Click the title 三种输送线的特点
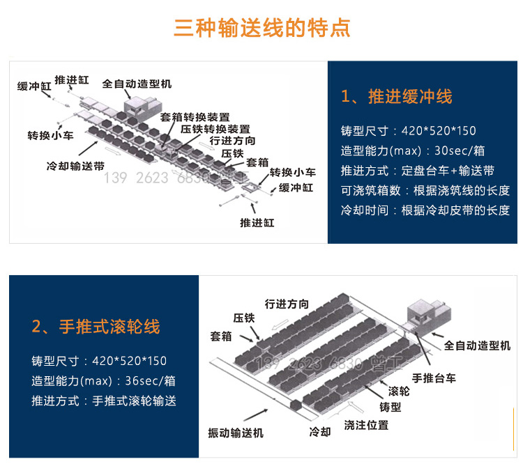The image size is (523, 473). point(261,29)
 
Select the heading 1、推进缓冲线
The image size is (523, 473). point(396,97)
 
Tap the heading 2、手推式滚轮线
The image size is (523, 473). point(96,327)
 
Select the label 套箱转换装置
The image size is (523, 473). point(195,117)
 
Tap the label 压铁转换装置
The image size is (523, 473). point(215,129)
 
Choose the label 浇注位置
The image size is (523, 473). point(366,424)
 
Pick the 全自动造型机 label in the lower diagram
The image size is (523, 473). point(477,346)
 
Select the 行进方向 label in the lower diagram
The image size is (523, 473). point(287,304)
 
